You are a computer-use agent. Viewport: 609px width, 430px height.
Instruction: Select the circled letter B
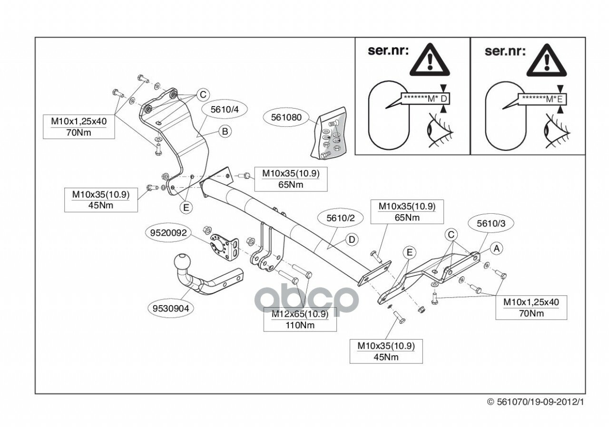[x=225, y=131]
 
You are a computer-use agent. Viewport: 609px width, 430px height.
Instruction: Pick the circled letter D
[x=351, y=240]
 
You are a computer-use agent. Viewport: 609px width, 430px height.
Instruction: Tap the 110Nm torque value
[x=300, y=326]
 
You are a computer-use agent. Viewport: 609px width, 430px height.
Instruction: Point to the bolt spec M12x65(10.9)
[x=300, y=315]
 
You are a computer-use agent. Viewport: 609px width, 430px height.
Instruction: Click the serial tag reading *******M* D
[x=426, y=99]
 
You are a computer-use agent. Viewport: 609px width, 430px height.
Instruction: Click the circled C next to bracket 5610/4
[x=203, y=94]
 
